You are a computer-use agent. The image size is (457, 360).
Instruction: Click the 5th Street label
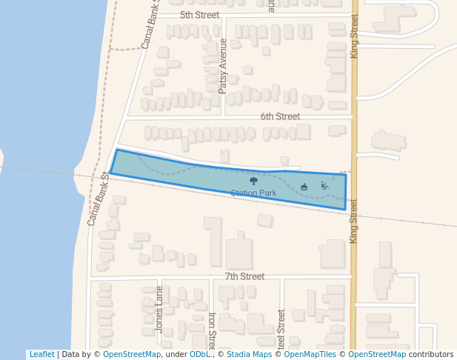200,15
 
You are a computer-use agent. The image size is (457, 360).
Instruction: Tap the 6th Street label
280,116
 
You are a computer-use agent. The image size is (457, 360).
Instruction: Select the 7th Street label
244,276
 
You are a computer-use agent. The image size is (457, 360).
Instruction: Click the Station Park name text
253,193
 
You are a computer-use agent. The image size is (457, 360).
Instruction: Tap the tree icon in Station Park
254,180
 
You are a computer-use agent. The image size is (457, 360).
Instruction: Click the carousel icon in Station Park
304,187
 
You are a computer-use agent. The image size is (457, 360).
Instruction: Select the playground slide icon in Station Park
324,186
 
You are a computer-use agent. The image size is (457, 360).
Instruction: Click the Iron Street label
212,330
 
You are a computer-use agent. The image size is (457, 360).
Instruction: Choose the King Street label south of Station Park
353,221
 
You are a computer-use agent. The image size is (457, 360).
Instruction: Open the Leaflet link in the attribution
41,355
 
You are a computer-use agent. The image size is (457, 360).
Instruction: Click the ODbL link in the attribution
199,355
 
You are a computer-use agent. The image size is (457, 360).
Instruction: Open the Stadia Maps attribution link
249,355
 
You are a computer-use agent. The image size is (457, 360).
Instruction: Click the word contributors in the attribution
431,355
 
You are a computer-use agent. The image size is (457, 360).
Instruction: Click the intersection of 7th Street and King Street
353,277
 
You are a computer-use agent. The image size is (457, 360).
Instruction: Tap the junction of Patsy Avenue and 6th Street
224,116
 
